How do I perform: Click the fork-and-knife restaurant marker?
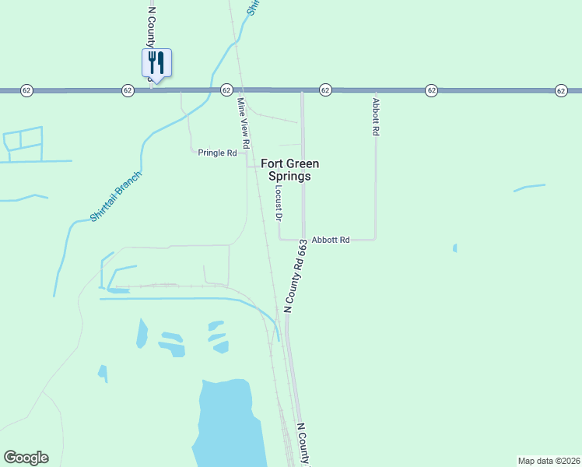[156, 62]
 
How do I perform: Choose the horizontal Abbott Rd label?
[331, 240]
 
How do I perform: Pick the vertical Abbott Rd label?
[375, 117]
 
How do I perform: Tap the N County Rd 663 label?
[296, 276]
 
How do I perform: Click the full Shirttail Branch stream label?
[116, 196]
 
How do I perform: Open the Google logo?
[26, 458]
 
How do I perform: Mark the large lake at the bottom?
[226, 424]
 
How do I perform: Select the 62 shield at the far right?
[561, 91]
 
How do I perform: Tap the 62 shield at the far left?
[26, 91]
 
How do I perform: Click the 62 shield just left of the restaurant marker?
[127, 91]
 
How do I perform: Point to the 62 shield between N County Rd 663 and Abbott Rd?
[325, 91]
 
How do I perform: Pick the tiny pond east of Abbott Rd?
[454, 248]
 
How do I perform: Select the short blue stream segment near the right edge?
[529, 188]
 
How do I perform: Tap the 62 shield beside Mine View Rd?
[226, 91]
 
